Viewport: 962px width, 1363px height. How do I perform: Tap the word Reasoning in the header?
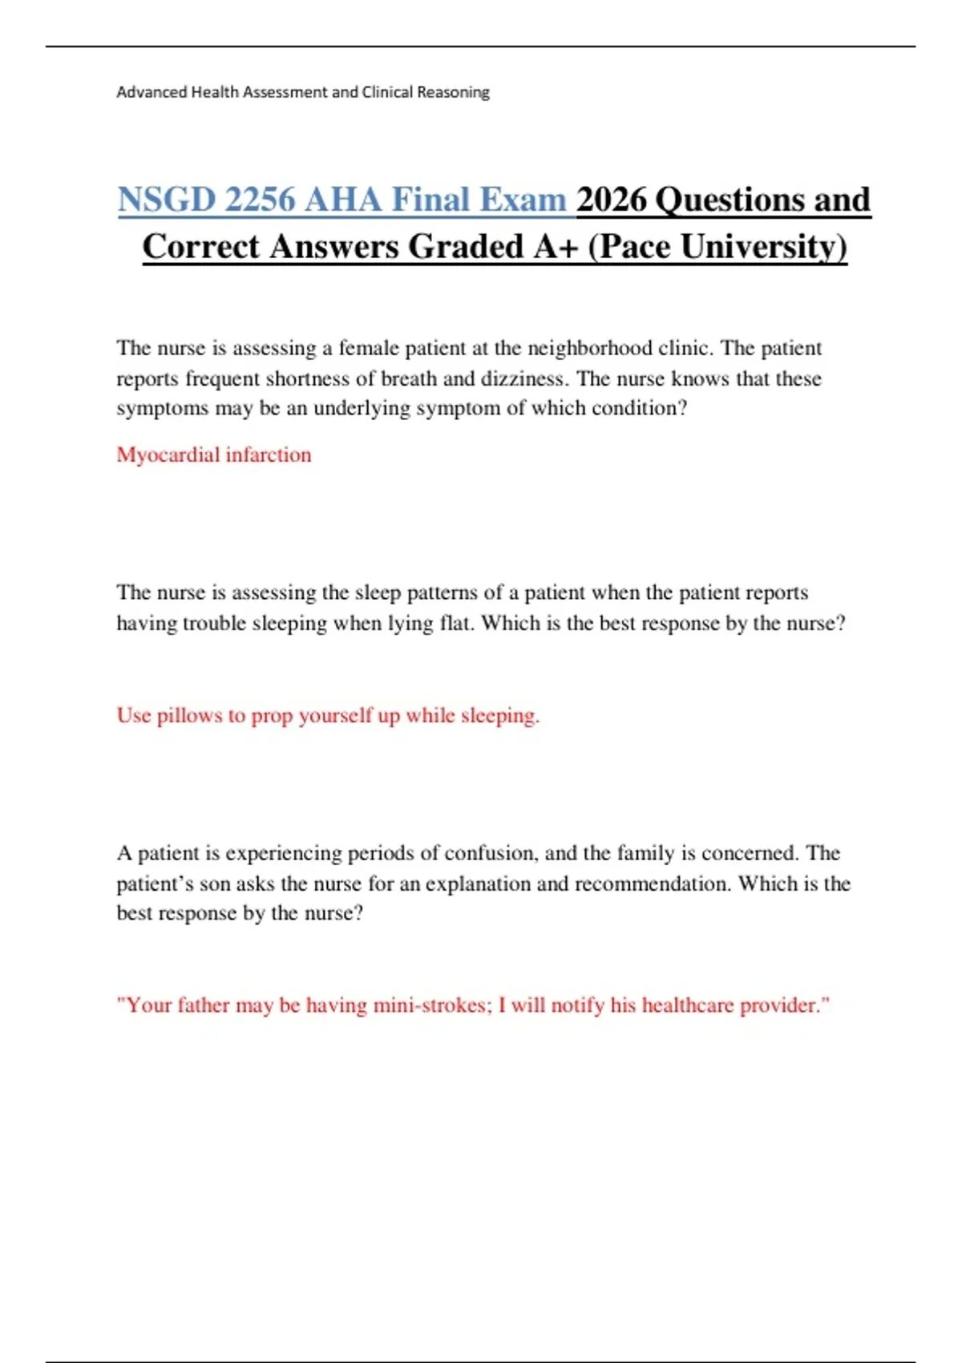[x=453, y=92]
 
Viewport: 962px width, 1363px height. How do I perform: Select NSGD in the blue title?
[x=167, y=200]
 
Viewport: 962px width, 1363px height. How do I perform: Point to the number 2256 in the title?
[x=260, y=200]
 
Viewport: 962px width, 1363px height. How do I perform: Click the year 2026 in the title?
[x=611, y=200]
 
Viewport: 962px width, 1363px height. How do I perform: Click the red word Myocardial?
[x=168, y=455]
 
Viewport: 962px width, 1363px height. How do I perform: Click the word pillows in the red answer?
[x=189, y=715]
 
